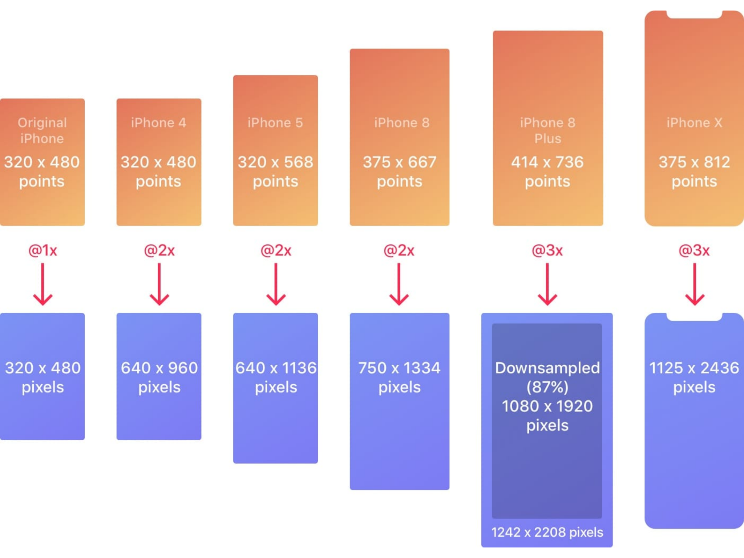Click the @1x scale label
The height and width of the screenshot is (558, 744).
pos(43,250)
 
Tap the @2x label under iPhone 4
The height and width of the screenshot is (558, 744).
pos(159,250)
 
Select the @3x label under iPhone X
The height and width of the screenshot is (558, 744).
pos(694,250)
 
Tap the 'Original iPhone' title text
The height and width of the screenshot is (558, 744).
pos(42,130)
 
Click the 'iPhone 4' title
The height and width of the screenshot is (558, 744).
pos(159,123)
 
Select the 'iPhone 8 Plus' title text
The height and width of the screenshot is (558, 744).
pos(547,130)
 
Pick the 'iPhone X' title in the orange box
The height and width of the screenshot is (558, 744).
pos(694,123)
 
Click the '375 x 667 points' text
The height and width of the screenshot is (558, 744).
pos(400,171)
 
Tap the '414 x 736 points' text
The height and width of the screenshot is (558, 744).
pos(547,171)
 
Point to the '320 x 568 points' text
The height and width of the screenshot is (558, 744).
pos(275,171)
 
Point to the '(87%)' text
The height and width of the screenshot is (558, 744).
pos(547,387)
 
